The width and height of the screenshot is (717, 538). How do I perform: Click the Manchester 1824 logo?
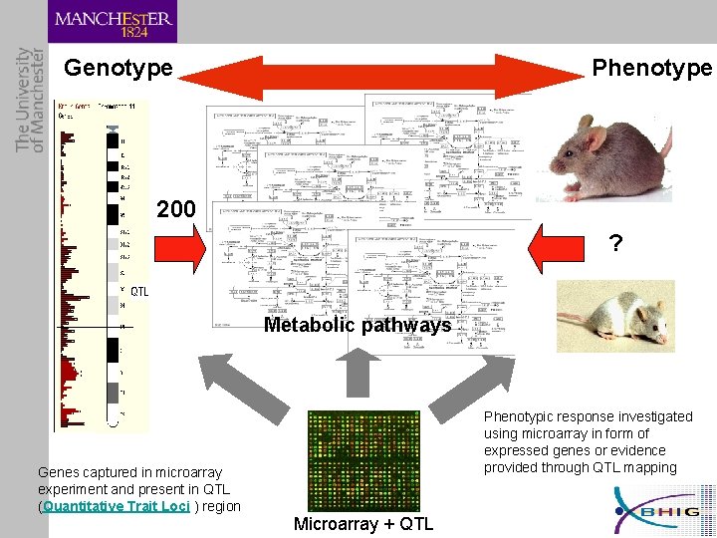[x=113, y=22]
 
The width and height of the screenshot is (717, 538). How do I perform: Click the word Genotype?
[x=119, y=69]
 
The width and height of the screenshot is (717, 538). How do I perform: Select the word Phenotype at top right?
[x=652, y=68]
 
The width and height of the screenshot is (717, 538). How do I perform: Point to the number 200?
[x=176, y=210]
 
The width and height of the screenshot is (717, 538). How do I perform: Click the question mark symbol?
[x=616, y=243]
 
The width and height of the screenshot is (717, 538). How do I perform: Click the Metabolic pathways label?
[x=358, y=326]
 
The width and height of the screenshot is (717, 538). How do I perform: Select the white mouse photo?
[x=614, y=316]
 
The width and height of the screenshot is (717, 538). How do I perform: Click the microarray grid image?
[x=363, y=460]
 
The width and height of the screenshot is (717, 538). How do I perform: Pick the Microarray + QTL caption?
[x=363, y=524]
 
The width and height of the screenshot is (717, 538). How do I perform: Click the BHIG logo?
[x=663, y=510]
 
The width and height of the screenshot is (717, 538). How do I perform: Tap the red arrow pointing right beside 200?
[x=180, y=246]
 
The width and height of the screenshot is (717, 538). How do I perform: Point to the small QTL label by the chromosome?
[x=139, y=292]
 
